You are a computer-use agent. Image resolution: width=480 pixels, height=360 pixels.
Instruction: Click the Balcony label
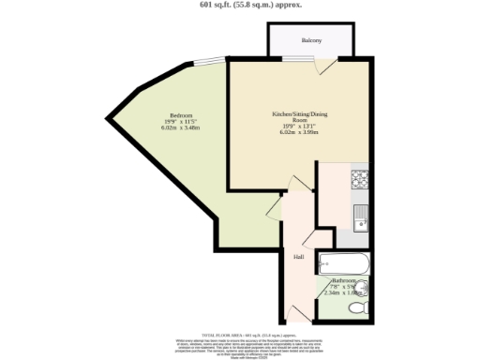pos(311,41)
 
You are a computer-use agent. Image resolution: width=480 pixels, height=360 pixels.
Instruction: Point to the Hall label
pos(298,256)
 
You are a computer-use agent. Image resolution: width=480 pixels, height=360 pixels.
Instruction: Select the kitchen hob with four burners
pos(359,177)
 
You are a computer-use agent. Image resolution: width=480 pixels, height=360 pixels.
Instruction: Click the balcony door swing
pos(324,66)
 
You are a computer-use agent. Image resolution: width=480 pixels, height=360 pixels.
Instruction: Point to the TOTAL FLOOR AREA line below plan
pos(239,335)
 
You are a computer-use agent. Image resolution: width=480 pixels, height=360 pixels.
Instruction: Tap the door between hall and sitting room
pos(301,183)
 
